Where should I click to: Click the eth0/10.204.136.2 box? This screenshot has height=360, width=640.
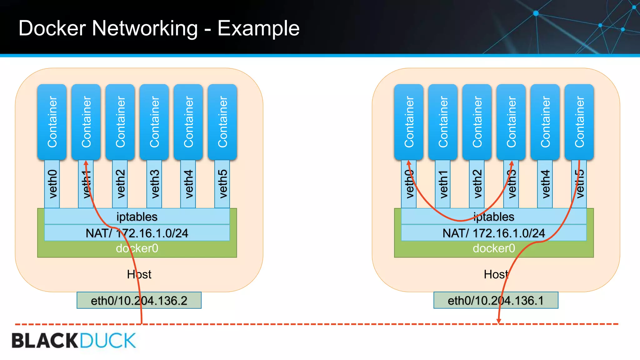pos(139,300)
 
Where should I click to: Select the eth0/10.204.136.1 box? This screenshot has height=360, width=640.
pos(496,300)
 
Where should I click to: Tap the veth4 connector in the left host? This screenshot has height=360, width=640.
pos(188,184)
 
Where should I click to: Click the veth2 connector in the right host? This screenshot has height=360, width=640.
pos(477,184)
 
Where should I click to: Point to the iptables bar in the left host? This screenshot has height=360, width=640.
pos(137,217)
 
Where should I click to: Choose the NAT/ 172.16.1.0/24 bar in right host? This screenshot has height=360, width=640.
pos(493,233)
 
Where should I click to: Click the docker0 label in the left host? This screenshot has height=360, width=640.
pos(137,248)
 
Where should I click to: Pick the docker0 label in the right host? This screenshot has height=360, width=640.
pos(493,248)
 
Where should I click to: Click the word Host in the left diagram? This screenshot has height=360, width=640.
pos(139,274)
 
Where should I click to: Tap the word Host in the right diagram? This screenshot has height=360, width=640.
pos(496,274)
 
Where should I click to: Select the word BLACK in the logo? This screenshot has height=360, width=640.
pos(45,341)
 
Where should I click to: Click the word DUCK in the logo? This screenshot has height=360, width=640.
pos(107,341)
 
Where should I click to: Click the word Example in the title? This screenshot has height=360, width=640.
pos(258,28)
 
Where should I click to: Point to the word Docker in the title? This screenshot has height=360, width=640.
pos(52,28)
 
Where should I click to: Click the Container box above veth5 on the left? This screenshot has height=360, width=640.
pos(222,122)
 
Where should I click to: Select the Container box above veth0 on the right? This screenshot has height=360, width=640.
pos(409,122)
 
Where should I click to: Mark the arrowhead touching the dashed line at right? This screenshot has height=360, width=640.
pos(499,321)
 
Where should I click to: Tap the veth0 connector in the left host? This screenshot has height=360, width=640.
pos(52,184)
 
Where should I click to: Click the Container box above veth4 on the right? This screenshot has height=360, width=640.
pos(545,122)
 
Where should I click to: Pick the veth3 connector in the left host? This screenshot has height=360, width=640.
pos(154,184)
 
